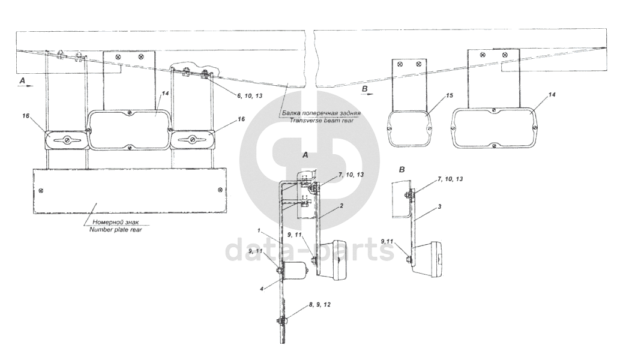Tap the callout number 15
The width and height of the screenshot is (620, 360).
450,95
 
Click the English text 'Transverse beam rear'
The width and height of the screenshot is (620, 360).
322,120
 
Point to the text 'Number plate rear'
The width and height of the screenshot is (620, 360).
115,229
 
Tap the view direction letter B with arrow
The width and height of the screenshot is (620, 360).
367,91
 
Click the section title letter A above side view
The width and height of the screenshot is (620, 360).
305,155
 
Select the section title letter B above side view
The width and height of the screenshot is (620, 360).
402,170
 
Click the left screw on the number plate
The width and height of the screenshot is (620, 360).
41,191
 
